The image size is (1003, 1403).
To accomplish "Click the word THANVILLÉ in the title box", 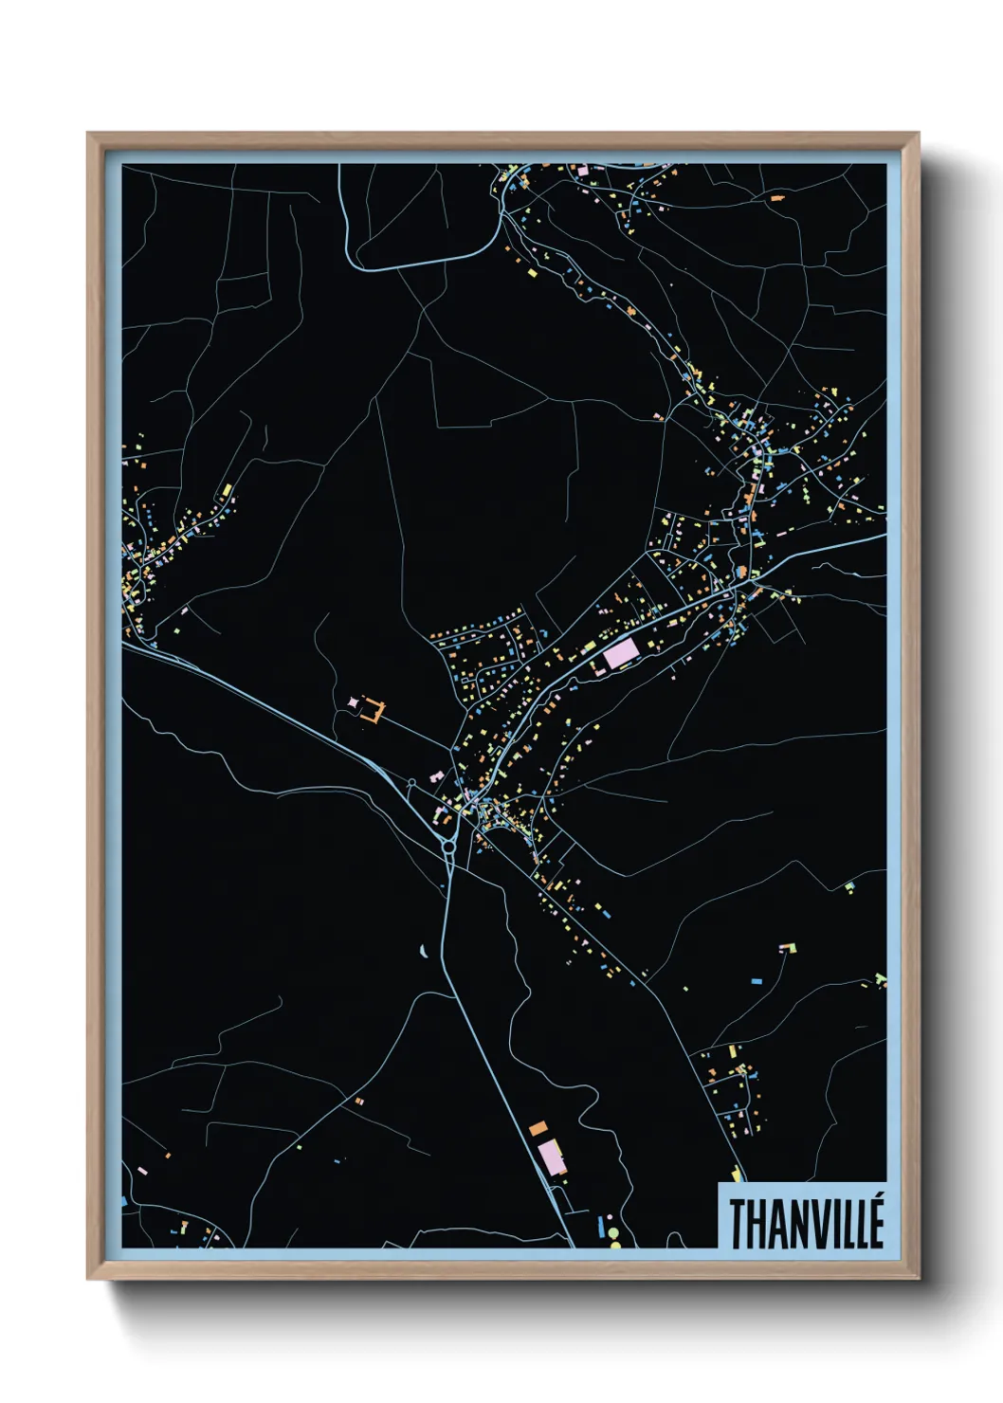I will point(806,1223).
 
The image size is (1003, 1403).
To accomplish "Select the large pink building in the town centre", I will point(621,652).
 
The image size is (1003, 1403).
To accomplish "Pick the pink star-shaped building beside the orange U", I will point(355,701).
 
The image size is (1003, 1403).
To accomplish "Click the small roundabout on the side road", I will point(411,783).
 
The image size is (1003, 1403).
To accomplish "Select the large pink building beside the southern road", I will point(552,1157).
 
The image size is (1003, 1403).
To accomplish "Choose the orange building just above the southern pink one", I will point(538,1128).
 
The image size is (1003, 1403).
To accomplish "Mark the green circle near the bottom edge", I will point(613,1233).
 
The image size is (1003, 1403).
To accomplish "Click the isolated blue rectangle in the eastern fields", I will point(756,981).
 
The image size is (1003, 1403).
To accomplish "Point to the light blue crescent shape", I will point(424,951).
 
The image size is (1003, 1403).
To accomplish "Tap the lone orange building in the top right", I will point(777,198).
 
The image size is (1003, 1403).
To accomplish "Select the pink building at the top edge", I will point(582,171).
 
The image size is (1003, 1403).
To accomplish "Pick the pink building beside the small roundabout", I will point(437,776).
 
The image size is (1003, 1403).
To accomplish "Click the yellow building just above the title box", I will point(737,1174).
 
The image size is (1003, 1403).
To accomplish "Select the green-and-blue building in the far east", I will point(881,978).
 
